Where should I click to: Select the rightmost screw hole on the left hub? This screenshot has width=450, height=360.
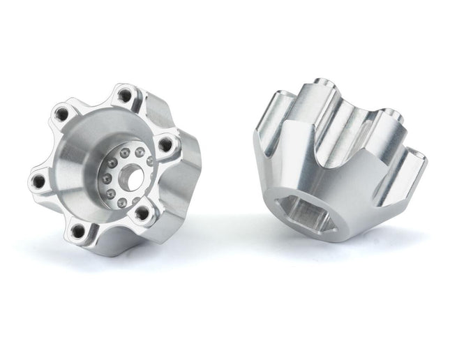pos(165,144)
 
